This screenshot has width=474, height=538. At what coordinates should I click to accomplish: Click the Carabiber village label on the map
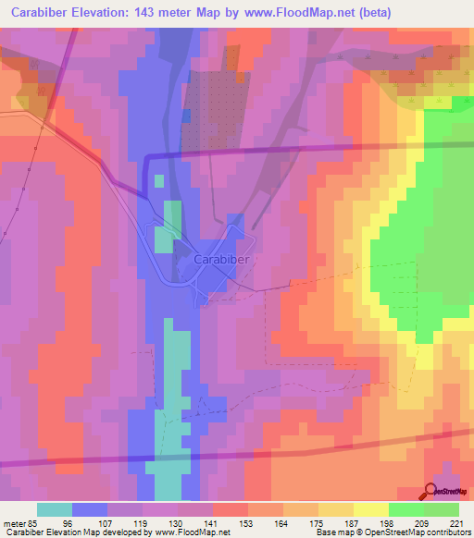pos(222,261)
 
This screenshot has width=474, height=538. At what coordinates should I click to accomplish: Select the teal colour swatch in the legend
pos(54,508)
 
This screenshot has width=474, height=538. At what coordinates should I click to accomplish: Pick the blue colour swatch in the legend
pos(89,508)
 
